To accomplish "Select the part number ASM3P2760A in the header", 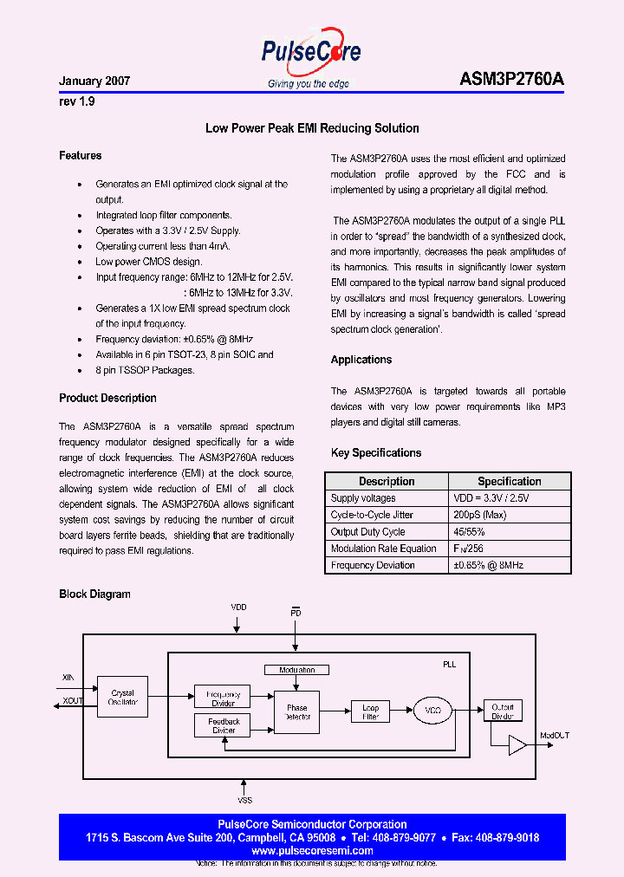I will [511, 79].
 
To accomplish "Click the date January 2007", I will [94, 81].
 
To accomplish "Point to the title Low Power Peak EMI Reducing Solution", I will [312, 128].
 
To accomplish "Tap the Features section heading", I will [81, 156].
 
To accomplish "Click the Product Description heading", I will [107, 399].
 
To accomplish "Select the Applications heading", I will [361, 360].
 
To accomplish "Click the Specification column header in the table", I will [509, 481].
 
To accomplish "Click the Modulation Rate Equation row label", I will [383, 549].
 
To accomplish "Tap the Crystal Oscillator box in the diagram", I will [122, 698].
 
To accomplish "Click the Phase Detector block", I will [296, 712].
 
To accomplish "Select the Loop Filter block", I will [370, 711].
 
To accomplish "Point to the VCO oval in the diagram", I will [433, 711].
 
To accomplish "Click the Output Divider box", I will [502, 711].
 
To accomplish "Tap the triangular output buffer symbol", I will [517, 745].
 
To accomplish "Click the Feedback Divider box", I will [224, 725].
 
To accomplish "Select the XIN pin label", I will [69, 678].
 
